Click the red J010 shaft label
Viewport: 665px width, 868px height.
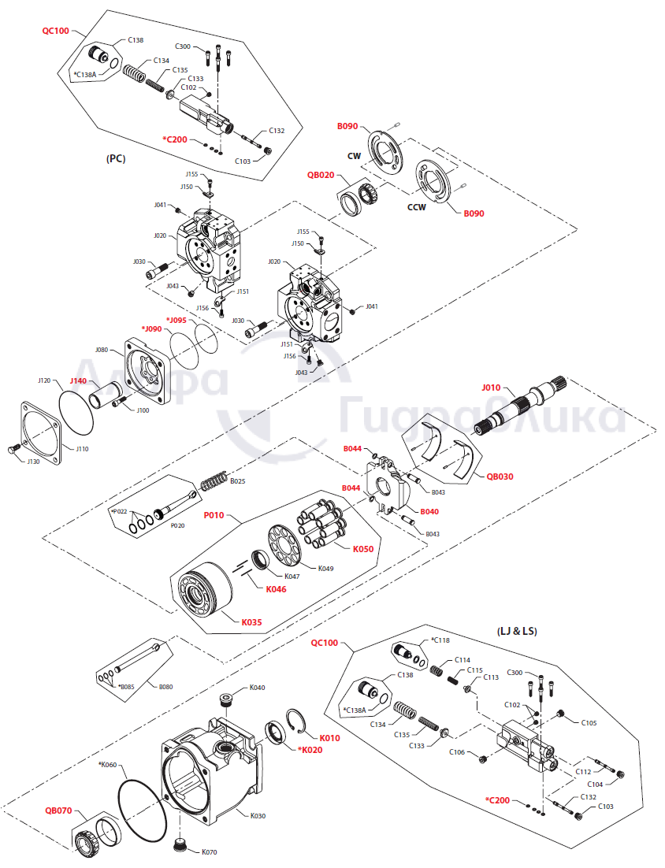491,388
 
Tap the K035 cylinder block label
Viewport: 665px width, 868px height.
251,622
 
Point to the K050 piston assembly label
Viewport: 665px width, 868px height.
363,548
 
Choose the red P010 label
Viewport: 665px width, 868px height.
214,516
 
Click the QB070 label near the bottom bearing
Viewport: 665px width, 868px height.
58,810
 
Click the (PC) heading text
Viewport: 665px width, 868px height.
116,158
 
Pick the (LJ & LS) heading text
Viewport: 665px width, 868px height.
517,631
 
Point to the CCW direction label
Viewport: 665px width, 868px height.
417,208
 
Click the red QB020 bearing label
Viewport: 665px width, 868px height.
321,176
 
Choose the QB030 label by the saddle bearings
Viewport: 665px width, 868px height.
500,476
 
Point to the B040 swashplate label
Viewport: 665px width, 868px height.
429,511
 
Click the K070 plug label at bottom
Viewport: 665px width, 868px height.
209,851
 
